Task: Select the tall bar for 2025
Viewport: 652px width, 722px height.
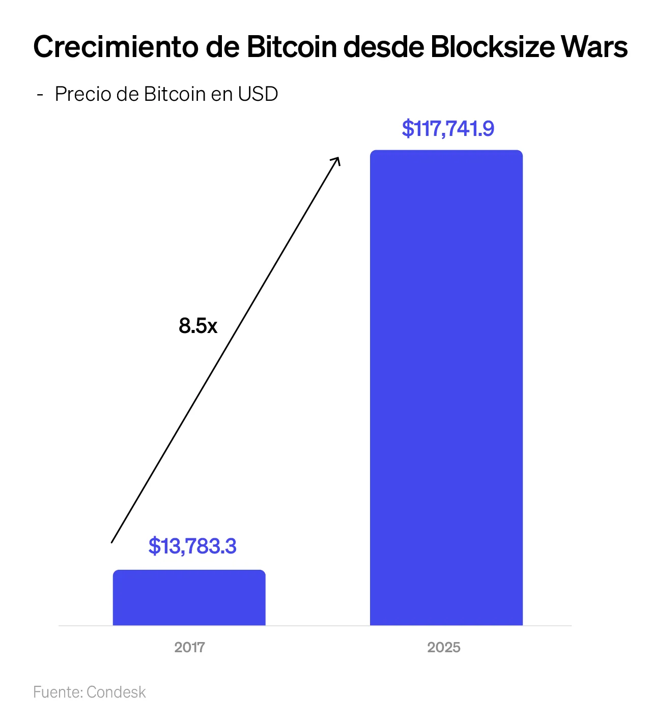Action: pyautogui.click(x=446, y=387)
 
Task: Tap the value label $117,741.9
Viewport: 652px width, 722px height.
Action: pyautogui.click(x=448, y=128)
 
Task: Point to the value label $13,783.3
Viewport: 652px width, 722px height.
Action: pyautogui.click(x=192, y=546)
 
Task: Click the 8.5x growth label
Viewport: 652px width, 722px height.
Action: pyautogui.click(x=198, y=326)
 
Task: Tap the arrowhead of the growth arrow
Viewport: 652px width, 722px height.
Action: pyautogui.click(x=337, y=159)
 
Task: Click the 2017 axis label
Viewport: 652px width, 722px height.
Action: pyautogui.click(x=189, y=647)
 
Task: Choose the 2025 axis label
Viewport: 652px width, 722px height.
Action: pyautogui.click(x=444, y=647)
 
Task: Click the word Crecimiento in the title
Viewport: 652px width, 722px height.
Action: pyautogui.click(x=116, y=47)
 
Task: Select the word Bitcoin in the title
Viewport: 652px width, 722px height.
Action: pyautogui.click(x=292, y=47)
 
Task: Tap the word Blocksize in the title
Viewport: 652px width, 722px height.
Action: pyautogui.click(x=492, y=47)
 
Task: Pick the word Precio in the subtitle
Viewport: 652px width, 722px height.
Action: pyautogui.click(x=83, y=94)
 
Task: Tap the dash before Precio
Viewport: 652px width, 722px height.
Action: pyautogui.click(x=40, y=95)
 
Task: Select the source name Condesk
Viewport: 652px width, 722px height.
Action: pyautogui.click(x=116, y=692)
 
